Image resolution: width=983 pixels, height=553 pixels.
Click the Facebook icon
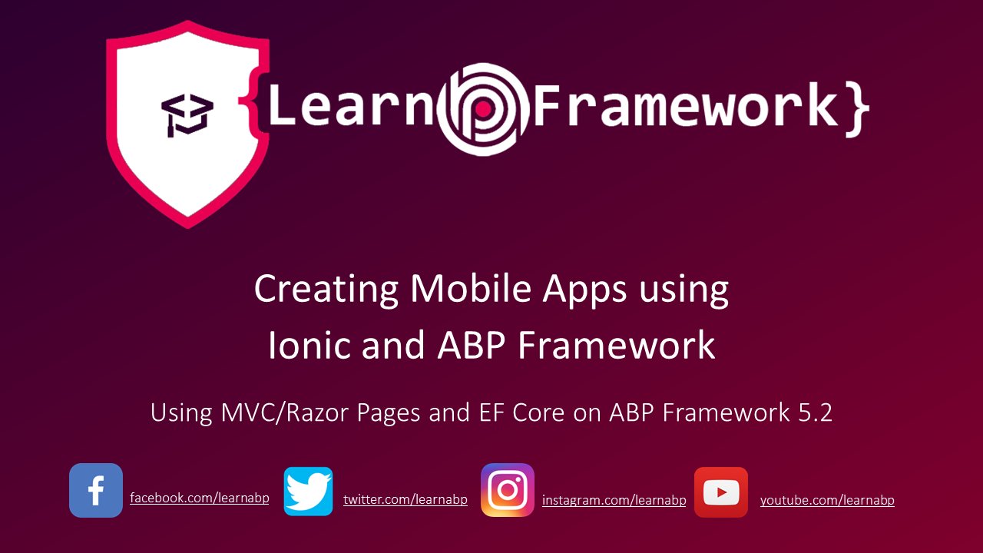coord(96,490)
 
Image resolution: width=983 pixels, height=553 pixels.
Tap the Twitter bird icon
coord(308,491)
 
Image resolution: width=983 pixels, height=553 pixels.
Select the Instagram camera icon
coord(508,490)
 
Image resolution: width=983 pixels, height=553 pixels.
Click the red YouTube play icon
coord(721,492)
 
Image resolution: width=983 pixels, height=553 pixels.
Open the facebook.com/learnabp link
coord(199,498)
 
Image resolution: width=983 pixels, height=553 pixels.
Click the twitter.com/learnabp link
coord(405,500)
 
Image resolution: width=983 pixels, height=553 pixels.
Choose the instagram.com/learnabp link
coord(614,501)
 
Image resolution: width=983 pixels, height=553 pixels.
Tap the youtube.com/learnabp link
coord(827,501)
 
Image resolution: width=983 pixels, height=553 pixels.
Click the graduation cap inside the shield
coord(187,115)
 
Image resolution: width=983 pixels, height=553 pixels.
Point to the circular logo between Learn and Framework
coord(484,110)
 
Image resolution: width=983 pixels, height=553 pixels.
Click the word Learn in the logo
coord(351,108)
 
